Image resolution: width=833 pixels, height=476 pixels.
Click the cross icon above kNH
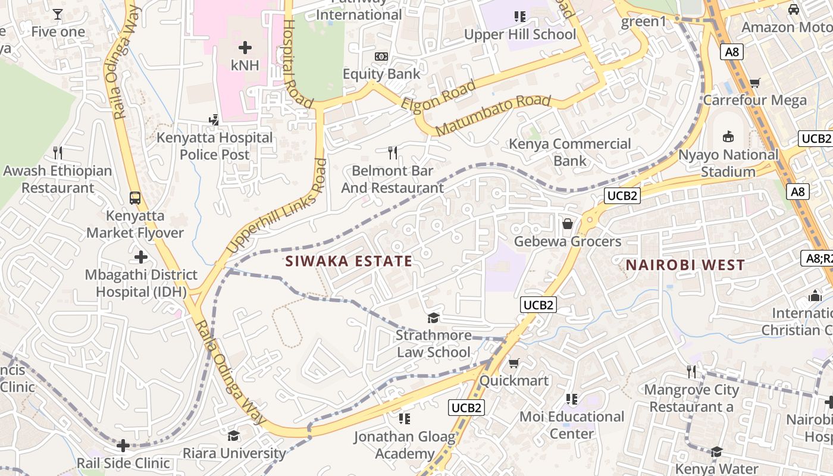(x=245, y=48)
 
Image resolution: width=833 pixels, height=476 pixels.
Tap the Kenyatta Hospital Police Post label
(x=214, y=146)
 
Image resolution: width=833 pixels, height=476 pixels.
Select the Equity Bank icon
(x=381, y=57)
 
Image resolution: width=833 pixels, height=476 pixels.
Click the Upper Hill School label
(x=520, y=35)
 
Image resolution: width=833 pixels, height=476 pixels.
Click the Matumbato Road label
(x=493, y=115)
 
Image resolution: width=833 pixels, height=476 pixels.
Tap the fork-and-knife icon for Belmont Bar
(x=392, y=153)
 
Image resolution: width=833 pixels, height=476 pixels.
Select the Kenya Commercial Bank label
(x=570, y=152)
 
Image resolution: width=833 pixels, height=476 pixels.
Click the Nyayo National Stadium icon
(x=728, y=137)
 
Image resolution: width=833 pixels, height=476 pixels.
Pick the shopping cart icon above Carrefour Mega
(x=755, y=83)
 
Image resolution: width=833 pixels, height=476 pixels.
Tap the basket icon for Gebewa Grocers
(x=568, y=224)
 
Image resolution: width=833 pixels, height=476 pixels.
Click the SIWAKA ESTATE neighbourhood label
(x=349, y=261)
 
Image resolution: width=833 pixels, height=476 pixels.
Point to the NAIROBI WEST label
(x=685, y=265)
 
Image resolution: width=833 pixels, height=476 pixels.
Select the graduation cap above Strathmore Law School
(x=433, y=318)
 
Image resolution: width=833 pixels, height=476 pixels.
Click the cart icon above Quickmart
(x=514, y=363)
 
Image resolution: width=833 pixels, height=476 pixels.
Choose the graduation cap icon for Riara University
(x=233, y=436)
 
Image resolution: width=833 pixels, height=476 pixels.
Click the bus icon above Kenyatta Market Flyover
(x=135, y=198)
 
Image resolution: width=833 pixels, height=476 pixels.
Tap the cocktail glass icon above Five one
(x=58, y=14)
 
